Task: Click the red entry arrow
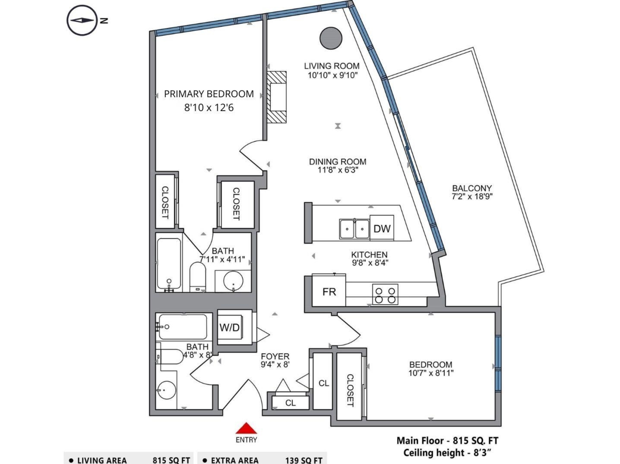246,428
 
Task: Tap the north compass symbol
82,20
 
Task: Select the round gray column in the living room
331,38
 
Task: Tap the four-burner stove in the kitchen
385,295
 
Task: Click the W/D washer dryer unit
229,327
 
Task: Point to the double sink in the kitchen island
354,229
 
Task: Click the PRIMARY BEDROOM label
209,94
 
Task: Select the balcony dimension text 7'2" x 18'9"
472,196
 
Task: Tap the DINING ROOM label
337,162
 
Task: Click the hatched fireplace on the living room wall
277,97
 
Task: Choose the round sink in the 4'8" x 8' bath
167,390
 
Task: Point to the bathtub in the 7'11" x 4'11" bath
169,263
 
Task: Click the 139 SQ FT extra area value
304,460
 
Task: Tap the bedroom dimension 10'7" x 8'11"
431,373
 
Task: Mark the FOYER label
275,356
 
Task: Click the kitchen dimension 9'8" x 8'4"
370,263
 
